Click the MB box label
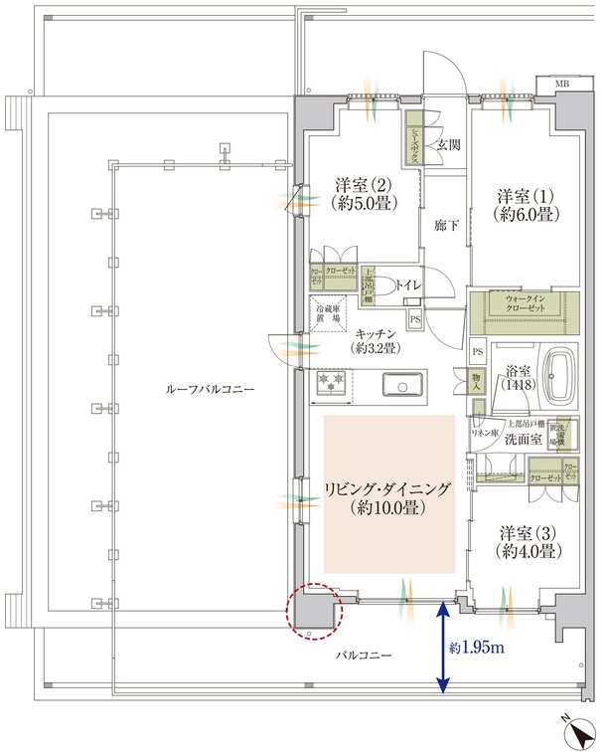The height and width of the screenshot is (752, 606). click(562, 83)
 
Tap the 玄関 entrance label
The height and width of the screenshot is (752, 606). click(446, 145)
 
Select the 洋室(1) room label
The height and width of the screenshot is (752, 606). click(526, 205)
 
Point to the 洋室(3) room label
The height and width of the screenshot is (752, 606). click(527, 542)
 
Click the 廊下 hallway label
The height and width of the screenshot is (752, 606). click(446, 226)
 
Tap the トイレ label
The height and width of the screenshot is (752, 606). click(410, 286)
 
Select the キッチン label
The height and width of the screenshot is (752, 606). click(375, 341)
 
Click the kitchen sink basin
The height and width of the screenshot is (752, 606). click(401, 383)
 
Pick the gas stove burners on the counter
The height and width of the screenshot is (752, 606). click(331, 382)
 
